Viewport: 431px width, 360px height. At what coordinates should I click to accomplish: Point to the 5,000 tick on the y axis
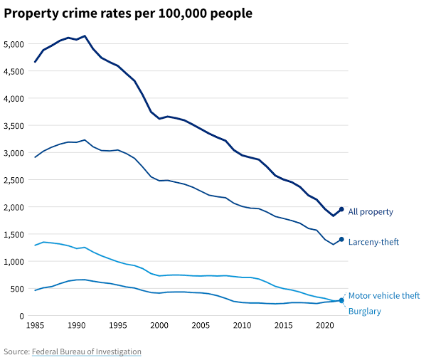[x=14, y=44]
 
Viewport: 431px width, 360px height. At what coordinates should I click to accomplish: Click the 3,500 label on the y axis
[x=14, y=126]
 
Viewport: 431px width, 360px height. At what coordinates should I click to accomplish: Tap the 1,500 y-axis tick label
[x=14, y=235]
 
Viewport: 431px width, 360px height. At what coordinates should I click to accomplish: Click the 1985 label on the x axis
[x=35, y=326]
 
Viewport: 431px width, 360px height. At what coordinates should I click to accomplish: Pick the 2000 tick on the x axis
[x=159, y=326]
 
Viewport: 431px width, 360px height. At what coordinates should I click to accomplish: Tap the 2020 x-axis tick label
[x=325, y=326]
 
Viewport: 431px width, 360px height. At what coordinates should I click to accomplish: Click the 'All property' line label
[x=371, y=212]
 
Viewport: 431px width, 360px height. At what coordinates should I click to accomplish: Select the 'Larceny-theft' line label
[x=373, y=242]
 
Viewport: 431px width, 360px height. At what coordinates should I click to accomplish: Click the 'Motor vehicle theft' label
[x=384, y=295]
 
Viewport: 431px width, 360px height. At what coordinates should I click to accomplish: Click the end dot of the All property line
[x=341, y=209]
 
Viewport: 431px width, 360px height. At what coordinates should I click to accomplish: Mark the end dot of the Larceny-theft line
[x=341, y=239]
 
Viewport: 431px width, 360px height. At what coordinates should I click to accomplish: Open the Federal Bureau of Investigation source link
[x=87, y=351]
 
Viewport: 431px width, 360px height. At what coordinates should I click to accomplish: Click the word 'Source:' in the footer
[x=16, y=351]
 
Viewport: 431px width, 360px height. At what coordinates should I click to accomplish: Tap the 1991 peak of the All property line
[x=85, y=36]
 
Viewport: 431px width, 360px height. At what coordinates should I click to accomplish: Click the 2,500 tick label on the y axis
[x=14, y=180]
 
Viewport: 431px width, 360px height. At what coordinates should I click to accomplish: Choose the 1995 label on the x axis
[x=118, y=326]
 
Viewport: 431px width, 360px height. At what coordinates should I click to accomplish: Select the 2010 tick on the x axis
[x=243, y=326]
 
